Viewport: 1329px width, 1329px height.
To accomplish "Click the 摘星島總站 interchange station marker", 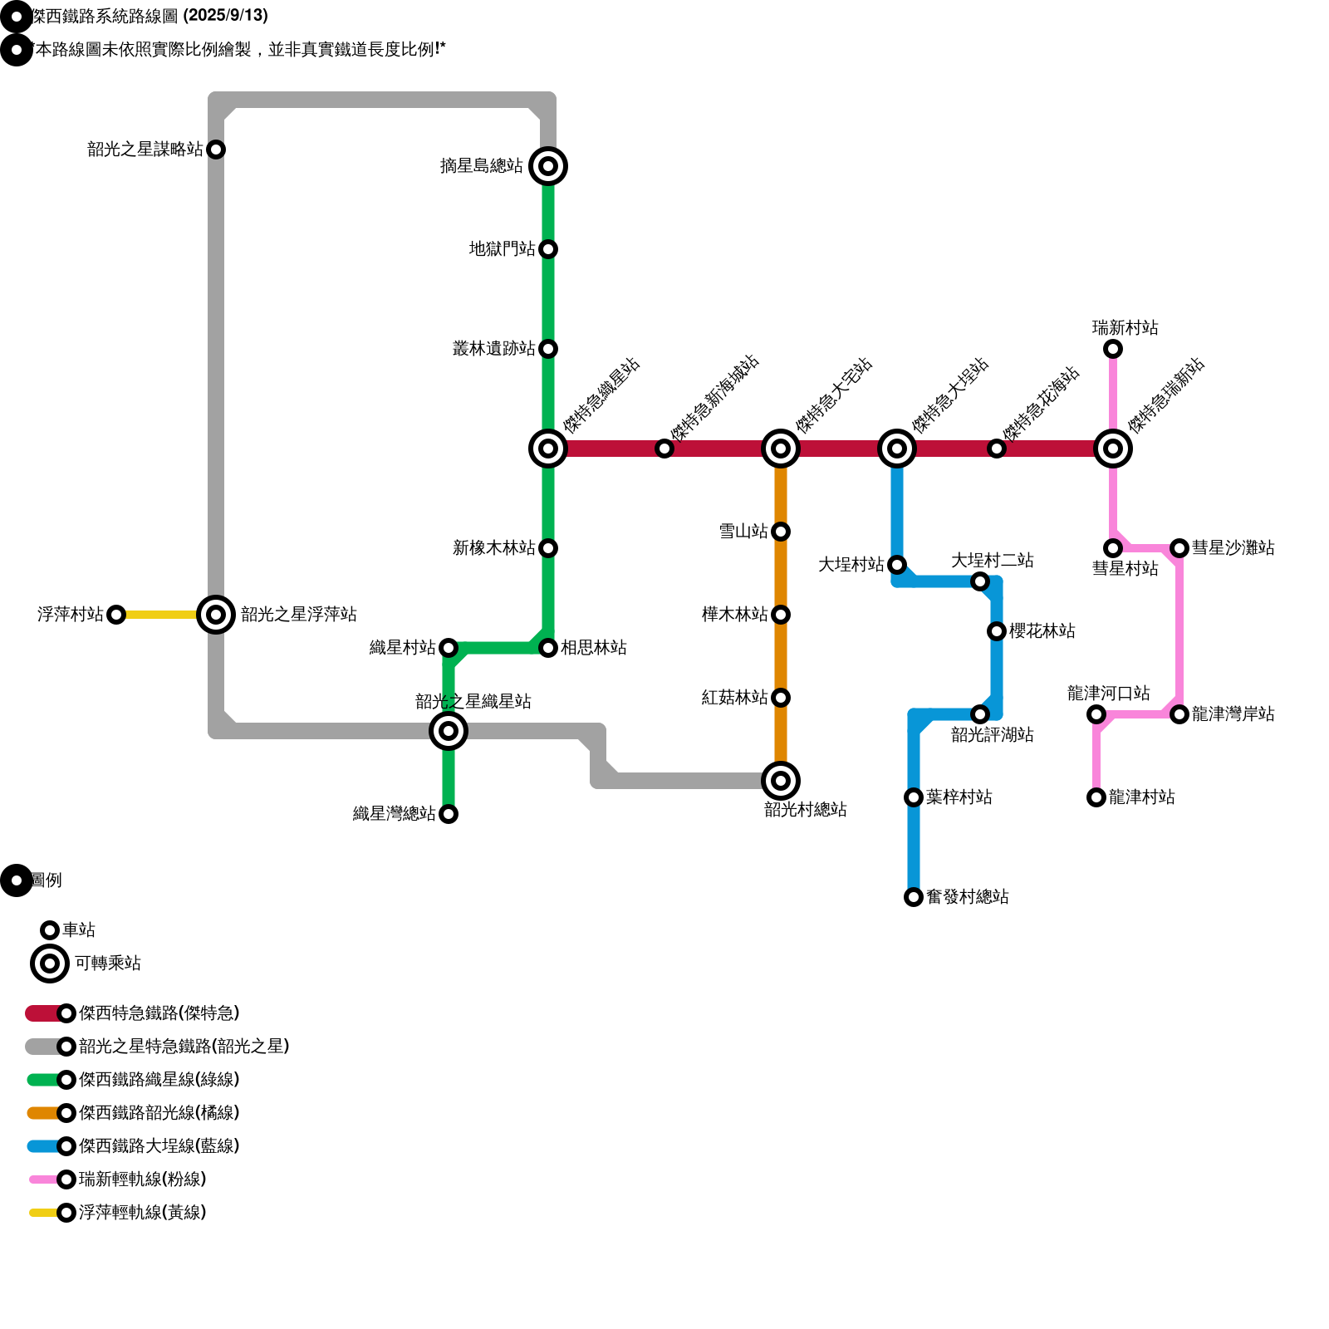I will [548, 166].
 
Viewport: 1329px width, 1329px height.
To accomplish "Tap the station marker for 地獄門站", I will [548, 249].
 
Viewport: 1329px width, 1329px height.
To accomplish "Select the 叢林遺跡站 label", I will [494, 349].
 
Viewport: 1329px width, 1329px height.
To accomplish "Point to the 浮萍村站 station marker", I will [116, 615].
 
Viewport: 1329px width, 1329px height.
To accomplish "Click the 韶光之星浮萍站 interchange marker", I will [216, 615].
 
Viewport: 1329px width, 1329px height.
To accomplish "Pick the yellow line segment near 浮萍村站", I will [162, 615].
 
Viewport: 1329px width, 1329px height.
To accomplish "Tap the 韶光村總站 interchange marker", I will [781, 781].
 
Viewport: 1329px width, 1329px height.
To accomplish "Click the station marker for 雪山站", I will [781, 532].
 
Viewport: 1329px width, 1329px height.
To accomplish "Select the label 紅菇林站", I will [735, 698].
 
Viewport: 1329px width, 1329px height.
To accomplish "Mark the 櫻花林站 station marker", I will [997, 631].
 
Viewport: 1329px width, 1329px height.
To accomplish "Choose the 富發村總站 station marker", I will [914, 897].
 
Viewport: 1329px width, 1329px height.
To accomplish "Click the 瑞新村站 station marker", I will [1113, 349].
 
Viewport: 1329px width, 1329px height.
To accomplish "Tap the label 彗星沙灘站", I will [1233, 548].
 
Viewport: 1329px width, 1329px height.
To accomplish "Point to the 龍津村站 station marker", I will [1096, 797].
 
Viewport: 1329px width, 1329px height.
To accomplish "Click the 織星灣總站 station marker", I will [449, 814].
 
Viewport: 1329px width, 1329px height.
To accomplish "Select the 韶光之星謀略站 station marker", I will [216, 150].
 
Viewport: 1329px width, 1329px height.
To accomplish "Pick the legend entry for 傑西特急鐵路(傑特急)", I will [158, 1013].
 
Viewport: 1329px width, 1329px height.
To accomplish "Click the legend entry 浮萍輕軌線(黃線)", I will [141, 1213].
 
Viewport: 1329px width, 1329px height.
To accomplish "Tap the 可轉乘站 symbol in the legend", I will [50, 964].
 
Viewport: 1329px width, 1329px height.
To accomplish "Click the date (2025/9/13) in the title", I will [226, 16].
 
